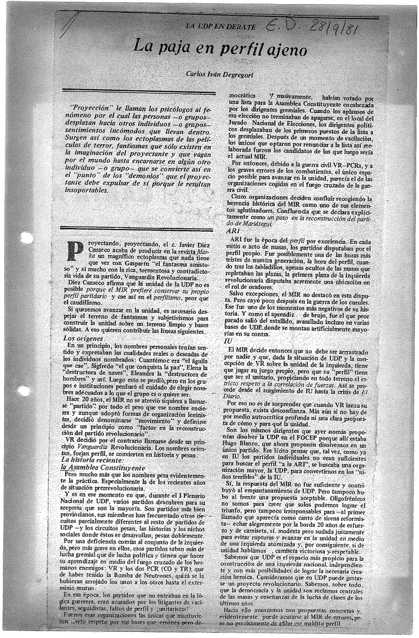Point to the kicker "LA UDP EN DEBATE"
pos(221,27)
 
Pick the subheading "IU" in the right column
pos(228,341)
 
